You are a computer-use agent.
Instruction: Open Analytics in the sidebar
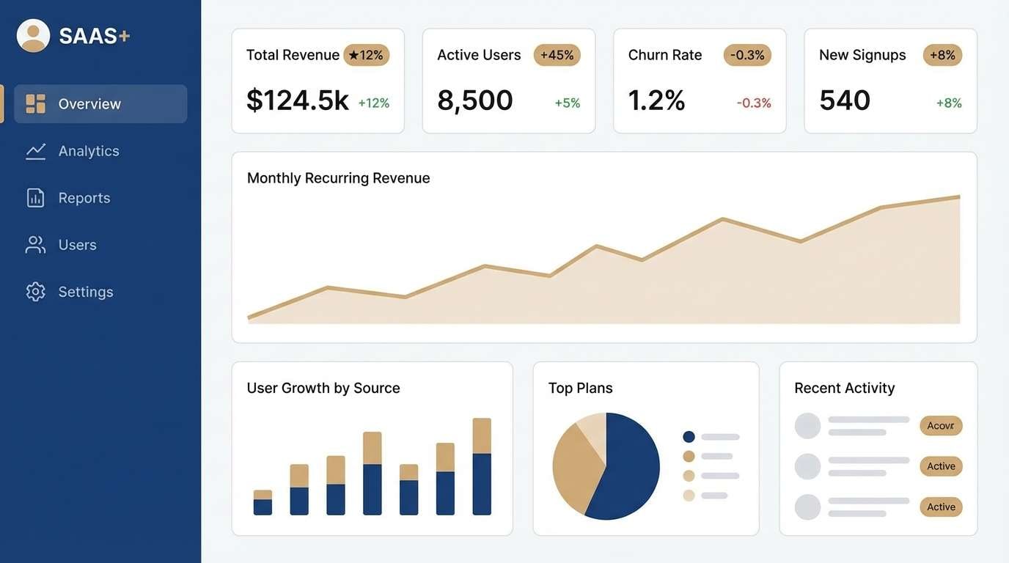pos(88,151)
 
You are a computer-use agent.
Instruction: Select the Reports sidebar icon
pos(35,198)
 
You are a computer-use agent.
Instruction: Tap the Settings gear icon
pos(35,292)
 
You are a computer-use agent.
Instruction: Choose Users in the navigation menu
pos(76,245)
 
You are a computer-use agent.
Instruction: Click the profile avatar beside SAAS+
pos(33,36)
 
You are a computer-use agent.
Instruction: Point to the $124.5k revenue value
pos(297,100)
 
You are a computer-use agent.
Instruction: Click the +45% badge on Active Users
pos(557,55)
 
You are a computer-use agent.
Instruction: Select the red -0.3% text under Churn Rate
pos(753,103)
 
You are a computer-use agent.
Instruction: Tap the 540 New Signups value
pos(845,100)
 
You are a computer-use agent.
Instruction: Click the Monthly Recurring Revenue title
pos(338,178)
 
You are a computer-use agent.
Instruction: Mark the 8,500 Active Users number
pos(474,100)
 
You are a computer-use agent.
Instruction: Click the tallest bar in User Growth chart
pos(482,467)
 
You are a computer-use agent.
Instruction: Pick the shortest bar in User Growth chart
pos(263,503)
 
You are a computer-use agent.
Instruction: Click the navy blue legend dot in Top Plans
pos(689,437)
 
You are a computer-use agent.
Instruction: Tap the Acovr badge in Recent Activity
pos(940,426)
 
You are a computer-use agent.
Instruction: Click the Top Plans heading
pos(580,388)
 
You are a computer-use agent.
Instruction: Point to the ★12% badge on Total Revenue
pos(366,55)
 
